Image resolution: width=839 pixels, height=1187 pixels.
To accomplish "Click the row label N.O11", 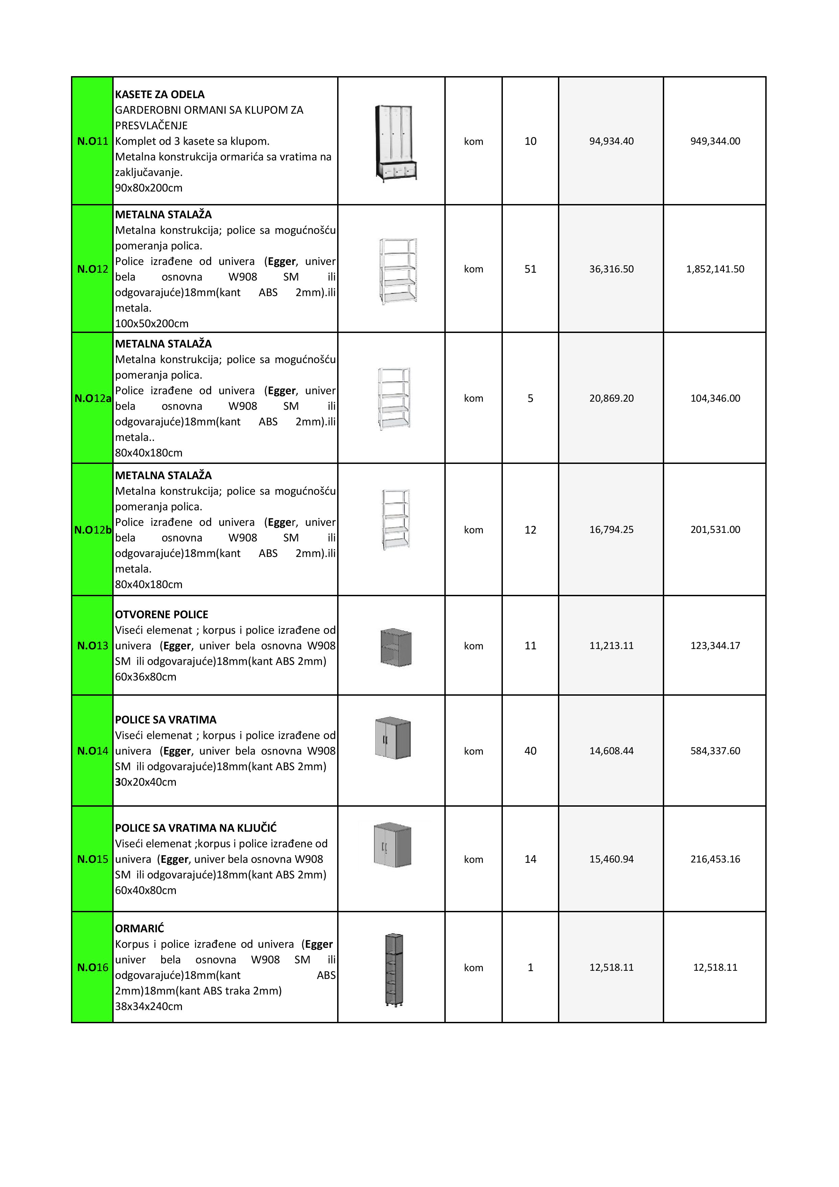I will [x=92, y=141].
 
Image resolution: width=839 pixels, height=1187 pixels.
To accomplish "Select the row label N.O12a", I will [x=92, y=398].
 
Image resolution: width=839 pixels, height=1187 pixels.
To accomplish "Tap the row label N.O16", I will [x=92, y=967].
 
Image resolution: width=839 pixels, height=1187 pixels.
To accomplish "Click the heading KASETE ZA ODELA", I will [x=160, y=95].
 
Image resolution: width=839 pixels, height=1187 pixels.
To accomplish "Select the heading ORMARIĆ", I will [x=139, y=928].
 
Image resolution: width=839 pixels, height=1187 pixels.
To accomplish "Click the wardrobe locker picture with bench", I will [x=395, y=143].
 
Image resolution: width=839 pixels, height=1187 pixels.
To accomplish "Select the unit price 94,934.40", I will [x=611, y=141].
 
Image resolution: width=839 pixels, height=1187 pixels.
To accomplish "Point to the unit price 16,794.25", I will [x=611, y=530].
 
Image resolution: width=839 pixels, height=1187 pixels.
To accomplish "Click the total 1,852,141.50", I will [x=715, y=269].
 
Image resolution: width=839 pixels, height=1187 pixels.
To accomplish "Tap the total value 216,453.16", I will [x=715, y=859].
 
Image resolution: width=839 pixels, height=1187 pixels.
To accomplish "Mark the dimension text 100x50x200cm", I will [x=152, y=323].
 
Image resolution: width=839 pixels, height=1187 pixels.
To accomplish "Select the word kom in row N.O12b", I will [x=473, y=530].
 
